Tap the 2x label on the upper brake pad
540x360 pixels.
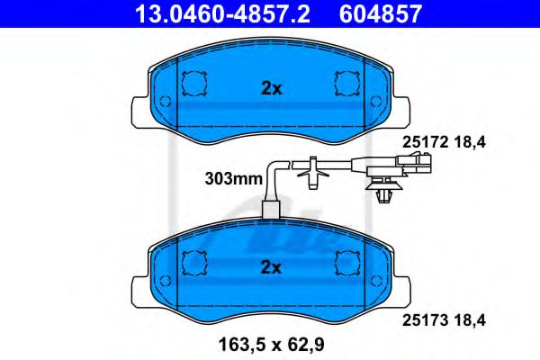[x=271, y=88]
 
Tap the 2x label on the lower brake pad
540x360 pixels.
[x=271, y=266]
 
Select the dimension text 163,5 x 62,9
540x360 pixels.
[x=271, y=342]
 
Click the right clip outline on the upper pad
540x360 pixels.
[x=346, y=84]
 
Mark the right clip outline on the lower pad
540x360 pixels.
[x=346, y=262]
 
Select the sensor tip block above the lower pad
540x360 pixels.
[x=270, y=211]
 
